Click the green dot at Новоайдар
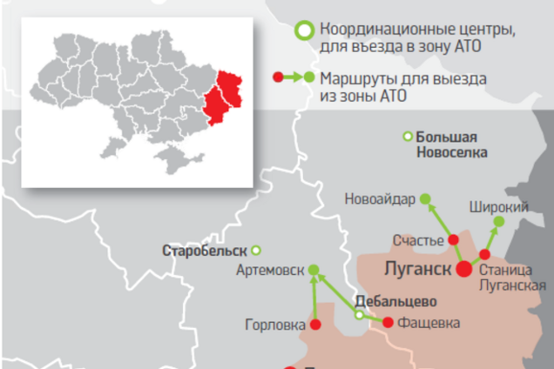[425, 199]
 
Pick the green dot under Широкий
[498, 223]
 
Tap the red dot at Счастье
[454, 241]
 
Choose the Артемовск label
[270, 271]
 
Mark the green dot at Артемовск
[314, 271]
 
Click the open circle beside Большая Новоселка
[406, 136]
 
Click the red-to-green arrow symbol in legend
[294, 77]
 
